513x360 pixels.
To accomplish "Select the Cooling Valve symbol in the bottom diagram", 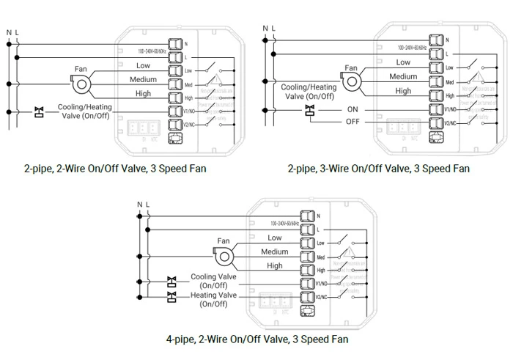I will tap(173, 282).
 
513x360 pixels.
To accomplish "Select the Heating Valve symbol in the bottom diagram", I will tap(173, 297).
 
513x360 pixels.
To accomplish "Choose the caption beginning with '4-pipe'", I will tap(256, 339).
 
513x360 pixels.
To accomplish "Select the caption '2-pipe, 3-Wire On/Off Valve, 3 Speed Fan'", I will tap(379, 169).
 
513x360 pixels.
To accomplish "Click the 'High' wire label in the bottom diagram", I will tap(275, 265).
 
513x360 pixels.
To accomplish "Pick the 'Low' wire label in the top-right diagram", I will tap(403, 63).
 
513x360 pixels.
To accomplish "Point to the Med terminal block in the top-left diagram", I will tap(174, 84).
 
